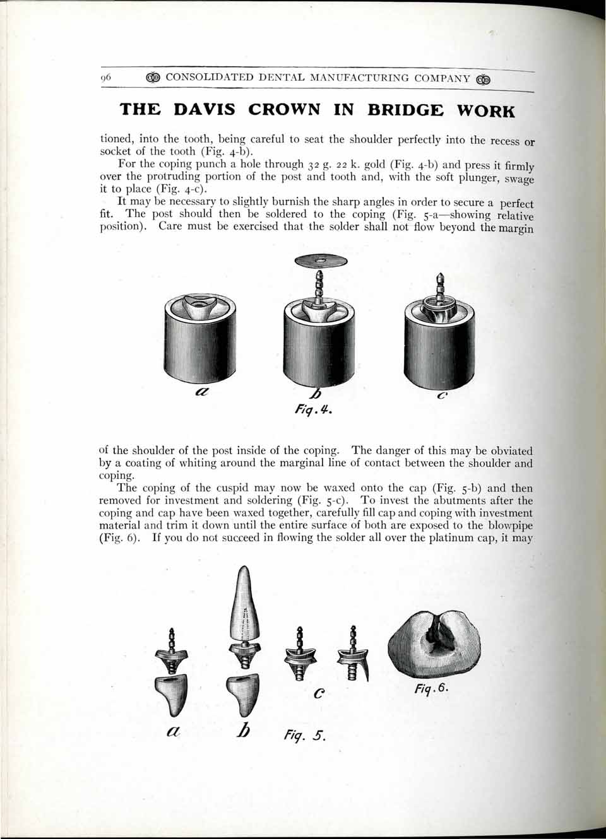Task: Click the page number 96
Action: coord(105,78)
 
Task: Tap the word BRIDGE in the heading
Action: coord(405,110)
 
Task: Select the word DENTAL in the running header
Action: coord(278,78)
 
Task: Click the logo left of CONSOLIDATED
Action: coord(153,78)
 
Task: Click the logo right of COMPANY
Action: coord(484,79)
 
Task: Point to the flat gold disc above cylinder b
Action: coord(321,261)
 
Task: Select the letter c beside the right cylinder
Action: coord(442,396)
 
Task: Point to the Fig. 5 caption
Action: coord(304,735)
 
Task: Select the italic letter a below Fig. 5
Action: coord(173,731)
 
